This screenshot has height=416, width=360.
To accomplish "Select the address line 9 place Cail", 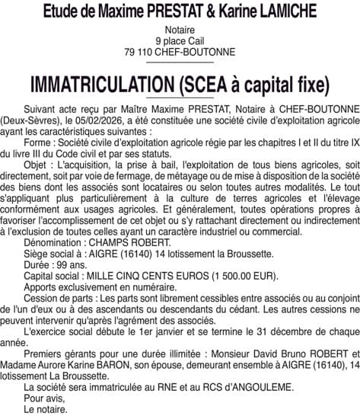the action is pyautogui.click(x=180, y=40).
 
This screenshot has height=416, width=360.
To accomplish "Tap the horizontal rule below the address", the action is pyautogui.click(x=180, y=63).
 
